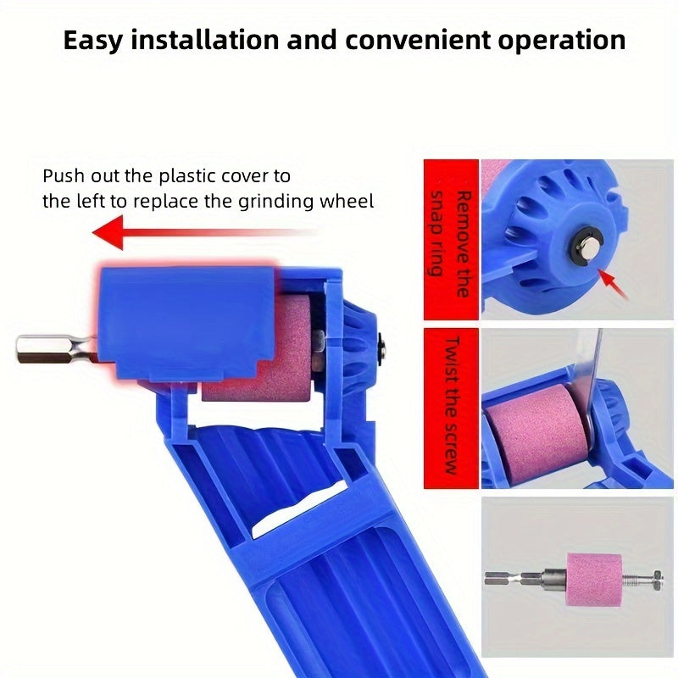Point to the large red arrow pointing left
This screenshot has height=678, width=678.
click(203, 232)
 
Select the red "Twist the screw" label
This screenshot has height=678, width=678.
click(451, 404)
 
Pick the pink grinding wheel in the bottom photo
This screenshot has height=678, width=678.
click(594, 579)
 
